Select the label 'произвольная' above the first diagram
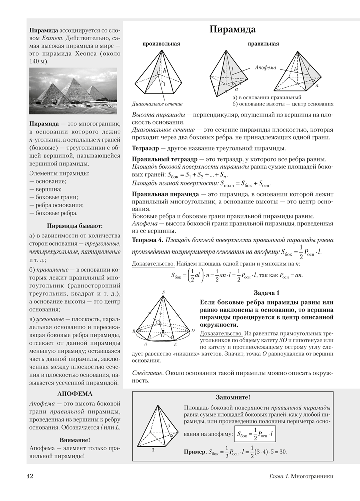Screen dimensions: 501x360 pos(161,44)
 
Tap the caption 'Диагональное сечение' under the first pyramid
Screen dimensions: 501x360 pos(157,104)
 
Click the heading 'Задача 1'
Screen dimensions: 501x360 pos(263,292)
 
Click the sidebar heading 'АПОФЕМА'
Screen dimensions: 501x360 pos(75,393)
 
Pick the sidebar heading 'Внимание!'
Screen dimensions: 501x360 pos(74,440)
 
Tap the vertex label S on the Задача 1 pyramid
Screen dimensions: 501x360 pos(164,291)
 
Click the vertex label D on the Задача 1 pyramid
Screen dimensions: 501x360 pos(193,331)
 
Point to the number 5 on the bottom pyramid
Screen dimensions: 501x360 pos(169,426)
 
